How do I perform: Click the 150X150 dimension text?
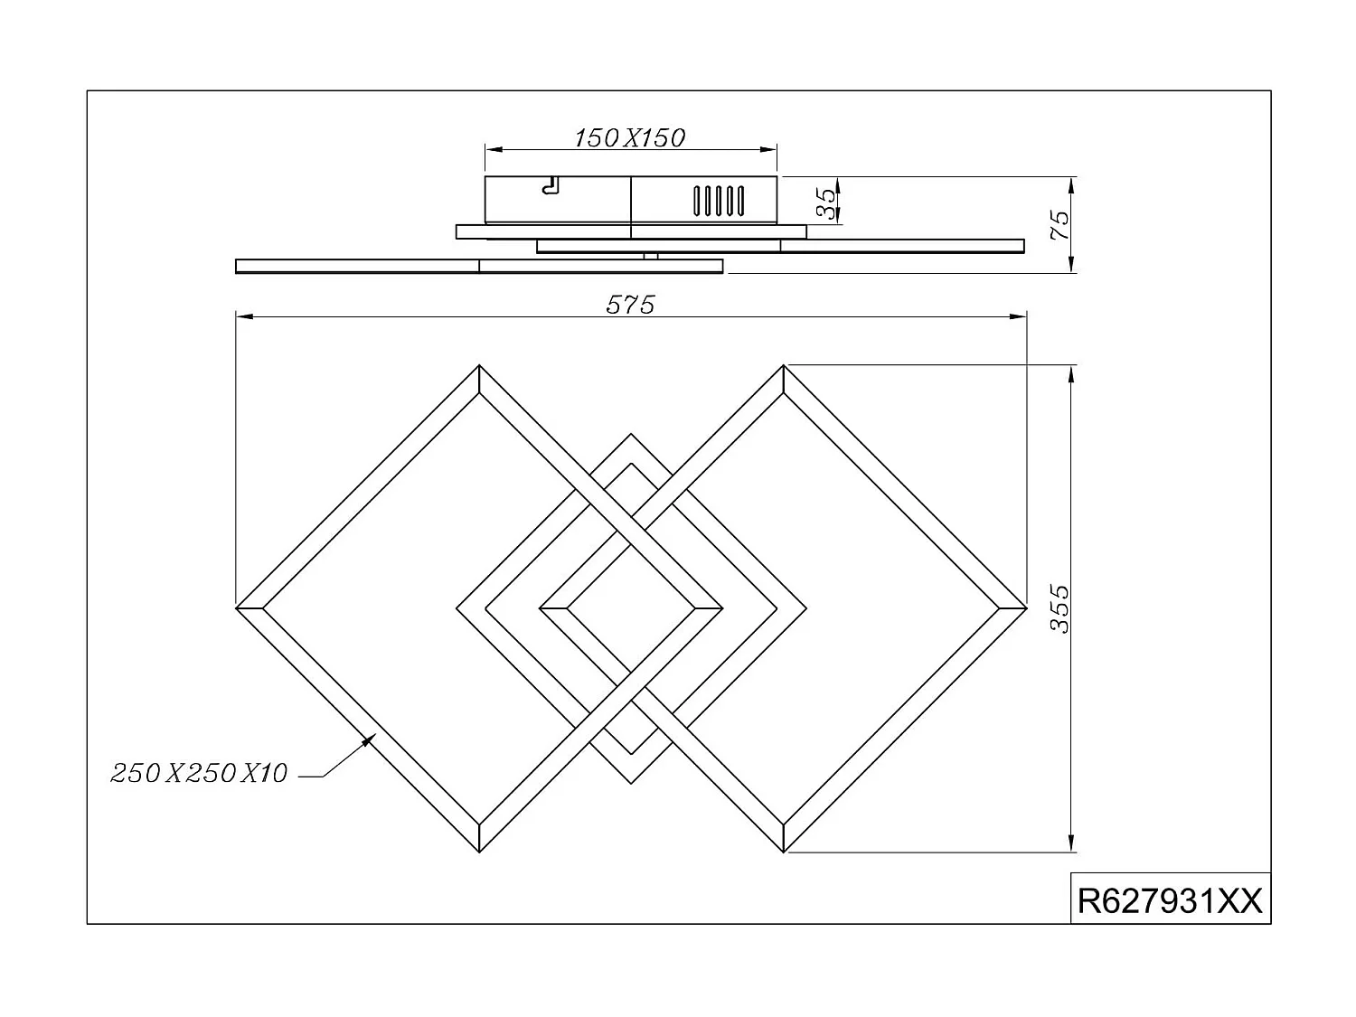[x=630, y=137]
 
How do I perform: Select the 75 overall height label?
[x=1059, y=225]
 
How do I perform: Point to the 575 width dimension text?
[x=630, y=306]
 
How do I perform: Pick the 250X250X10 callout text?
[x=199, y=773]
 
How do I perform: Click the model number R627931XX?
[x=1170, y=901]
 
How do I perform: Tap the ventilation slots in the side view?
[x=719, y=200]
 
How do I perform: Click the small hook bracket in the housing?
[x=549, y=186]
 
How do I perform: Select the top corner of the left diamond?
[x=479, y=366]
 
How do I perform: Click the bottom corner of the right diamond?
[x=784, y=852]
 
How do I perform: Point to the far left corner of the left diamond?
[x=237, y=607]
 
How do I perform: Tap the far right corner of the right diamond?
[x=1026, y=607]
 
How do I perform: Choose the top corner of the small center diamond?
[x=630, y=435]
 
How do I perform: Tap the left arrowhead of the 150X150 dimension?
[x=490, y=150]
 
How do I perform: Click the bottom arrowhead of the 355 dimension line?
[x=1071, y=845]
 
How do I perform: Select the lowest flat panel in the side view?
[x=479, y=266]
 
